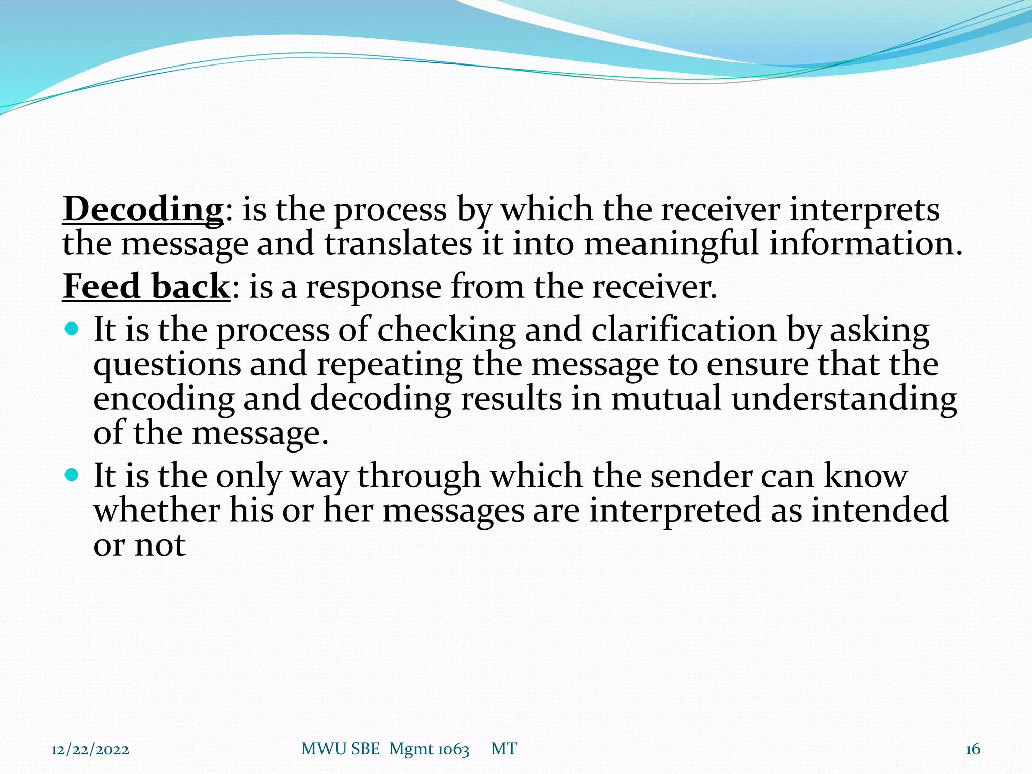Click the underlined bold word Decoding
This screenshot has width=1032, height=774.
[143, 209]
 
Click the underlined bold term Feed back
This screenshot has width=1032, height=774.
[146, 286]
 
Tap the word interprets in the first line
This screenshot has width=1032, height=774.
[864, 209]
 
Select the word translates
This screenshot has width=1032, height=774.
[398, 244]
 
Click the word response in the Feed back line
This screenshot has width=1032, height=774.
[374, 286]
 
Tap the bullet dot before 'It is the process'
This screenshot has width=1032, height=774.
[72, 329]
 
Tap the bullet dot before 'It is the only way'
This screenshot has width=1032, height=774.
[72, 475]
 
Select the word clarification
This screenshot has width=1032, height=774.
[683, 330]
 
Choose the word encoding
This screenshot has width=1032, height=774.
[164, 399]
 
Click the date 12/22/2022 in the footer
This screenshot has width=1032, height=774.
[90, 749]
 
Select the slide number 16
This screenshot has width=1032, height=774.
[973, 749]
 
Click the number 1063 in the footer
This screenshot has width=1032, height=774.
[453, 749]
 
